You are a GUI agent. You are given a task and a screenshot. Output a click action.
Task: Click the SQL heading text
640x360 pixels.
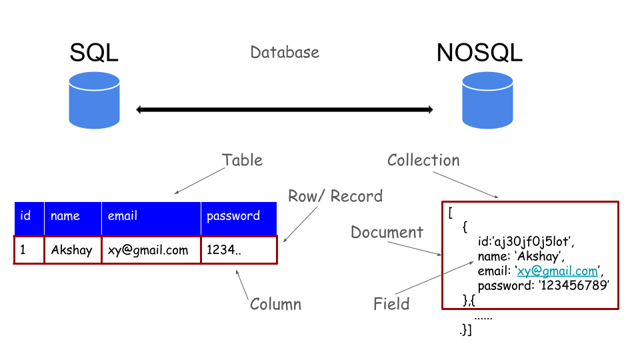pos(94,53)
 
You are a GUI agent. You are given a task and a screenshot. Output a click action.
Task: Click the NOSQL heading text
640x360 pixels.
pos(479,53)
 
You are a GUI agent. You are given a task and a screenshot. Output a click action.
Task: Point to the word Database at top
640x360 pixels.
pos(285,52)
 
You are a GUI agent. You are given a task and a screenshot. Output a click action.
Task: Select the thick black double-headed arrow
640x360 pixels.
pos(285,109)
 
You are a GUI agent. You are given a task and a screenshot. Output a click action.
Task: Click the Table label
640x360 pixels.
pos(242,160)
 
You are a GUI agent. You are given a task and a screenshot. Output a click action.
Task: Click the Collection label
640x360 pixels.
pos(423,160)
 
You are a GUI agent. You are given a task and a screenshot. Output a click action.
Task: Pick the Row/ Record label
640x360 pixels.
pos(335,196)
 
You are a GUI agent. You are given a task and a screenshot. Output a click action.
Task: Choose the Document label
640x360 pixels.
pos(387,232)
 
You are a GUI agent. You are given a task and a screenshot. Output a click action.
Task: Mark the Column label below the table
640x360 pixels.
pos(275,305)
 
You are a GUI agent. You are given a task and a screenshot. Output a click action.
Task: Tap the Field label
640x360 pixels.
pos(391,305)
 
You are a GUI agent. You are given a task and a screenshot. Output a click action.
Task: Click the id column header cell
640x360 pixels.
pos(29,216)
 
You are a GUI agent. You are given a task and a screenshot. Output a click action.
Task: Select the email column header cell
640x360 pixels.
pos(151,216)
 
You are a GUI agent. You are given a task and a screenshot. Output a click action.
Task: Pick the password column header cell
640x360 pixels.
pos(238,216)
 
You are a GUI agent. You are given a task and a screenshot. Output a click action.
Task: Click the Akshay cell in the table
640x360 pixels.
pos(72,251)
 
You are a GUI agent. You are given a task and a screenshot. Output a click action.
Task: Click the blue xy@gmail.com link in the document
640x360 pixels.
pos(557,271)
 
